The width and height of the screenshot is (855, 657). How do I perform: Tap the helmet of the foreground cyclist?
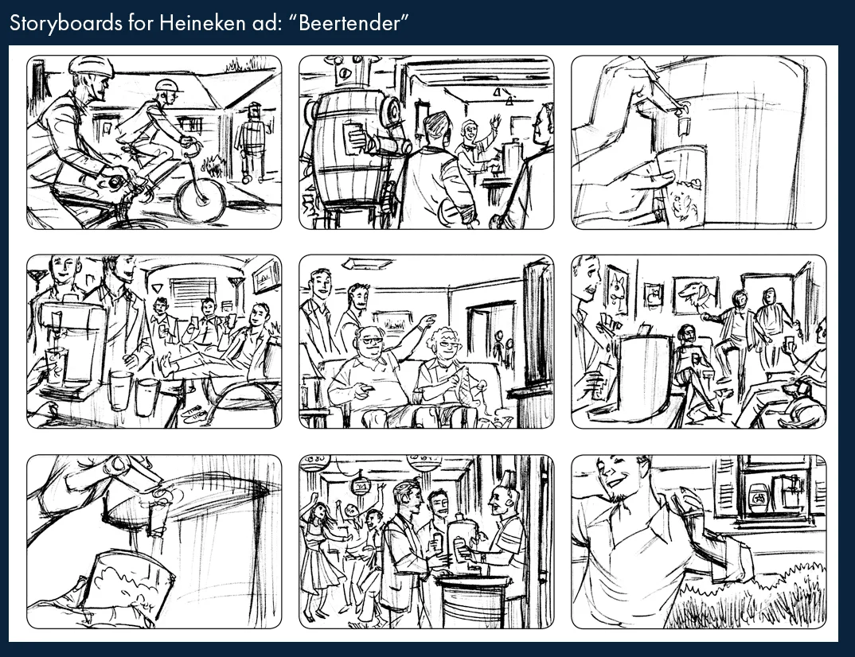89,65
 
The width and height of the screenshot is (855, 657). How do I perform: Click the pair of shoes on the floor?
189,412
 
